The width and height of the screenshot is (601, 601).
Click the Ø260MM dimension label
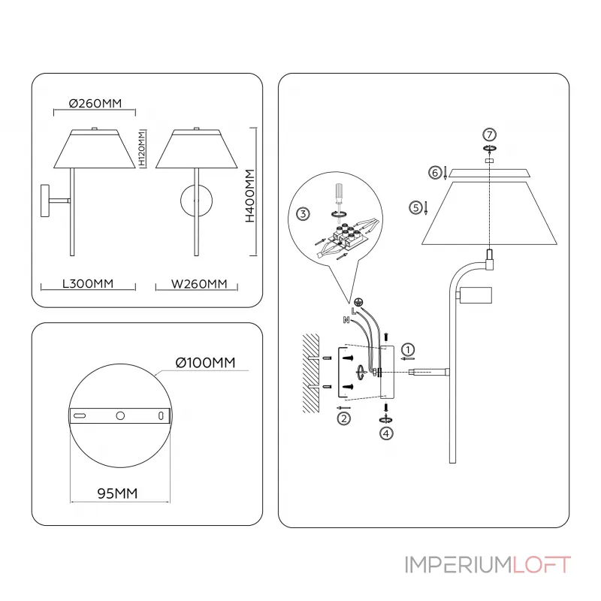click(x=95, y=104)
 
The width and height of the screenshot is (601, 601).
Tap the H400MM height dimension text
click(x=250, y=198)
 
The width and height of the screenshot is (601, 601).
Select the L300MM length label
click(x=87, y=284)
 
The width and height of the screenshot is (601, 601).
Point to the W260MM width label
click(x=199, y=284)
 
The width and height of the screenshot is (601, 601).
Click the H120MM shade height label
click(x=141, y=149)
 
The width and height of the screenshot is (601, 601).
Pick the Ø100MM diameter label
click(x=205, y=363)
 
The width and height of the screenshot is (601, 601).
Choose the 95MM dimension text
click(x=118, y=494)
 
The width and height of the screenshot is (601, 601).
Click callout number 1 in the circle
click(x=407, y=349)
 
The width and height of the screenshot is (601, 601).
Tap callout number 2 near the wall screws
click(x=344, y=418)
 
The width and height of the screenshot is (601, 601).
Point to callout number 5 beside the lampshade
click(x=415, y=207)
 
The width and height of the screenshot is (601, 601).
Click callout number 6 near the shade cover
click(x=435, y=173)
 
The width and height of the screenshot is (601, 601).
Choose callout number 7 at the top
click(x=489, y=134)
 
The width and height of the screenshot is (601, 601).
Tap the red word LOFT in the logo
click(x=542, y=565)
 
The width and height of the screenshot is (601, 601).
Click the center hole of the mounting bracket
click(x=120, y=415)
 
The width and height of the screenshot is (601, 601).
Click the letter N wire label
click(x=346, y=320)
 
